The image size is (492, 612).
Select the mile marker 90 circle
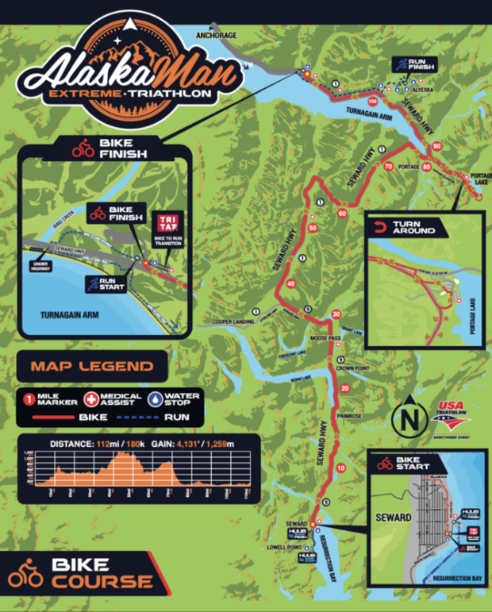[437, 146]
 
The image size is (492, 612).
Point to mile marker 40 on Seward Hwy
[290, 284]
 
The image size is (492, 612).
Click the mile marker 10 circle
[340, 469]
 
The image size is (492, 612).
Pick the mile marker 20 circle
[344, 388]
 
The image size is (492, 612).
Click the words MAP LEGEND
[92, 367]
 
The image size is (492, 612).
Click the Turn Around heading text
[413, 230]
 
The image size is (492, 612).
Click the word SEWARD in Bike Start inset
[394, 496]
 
